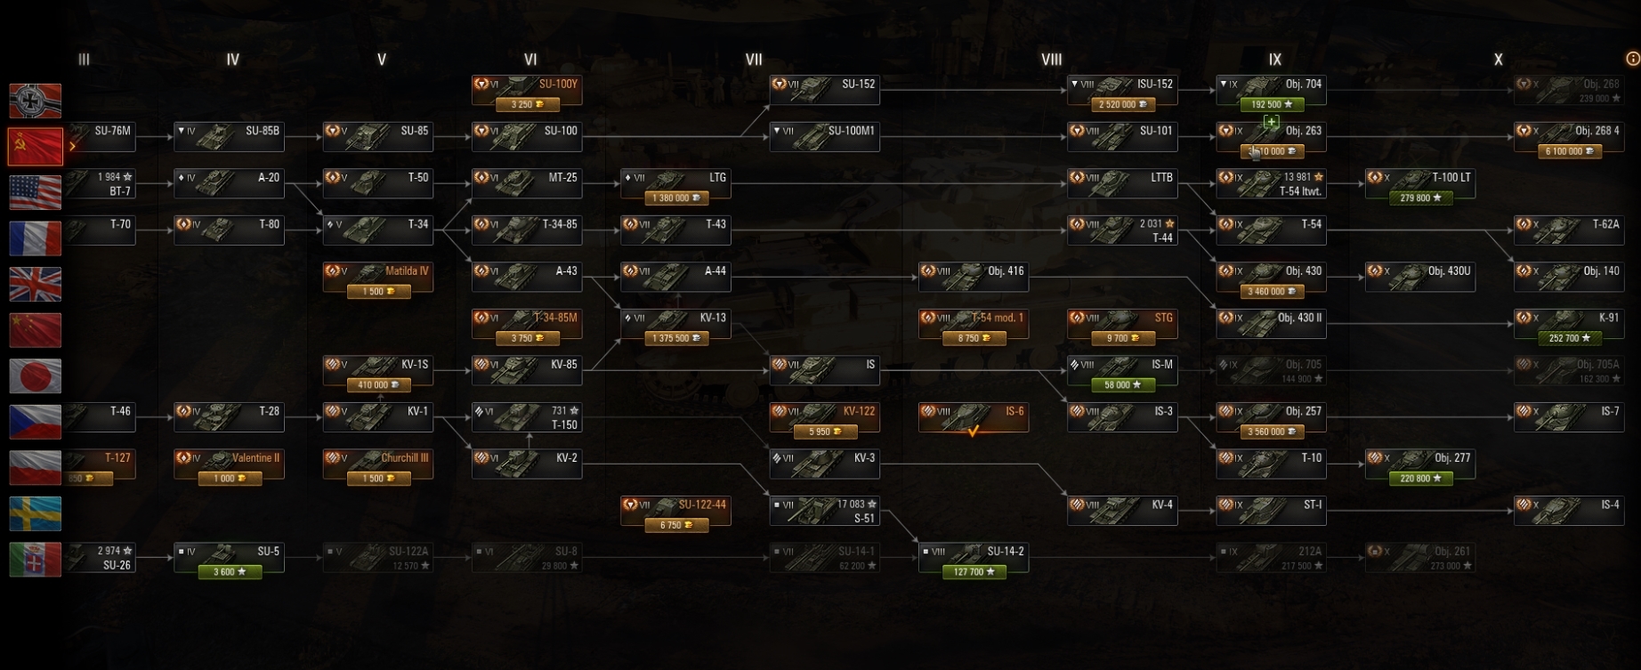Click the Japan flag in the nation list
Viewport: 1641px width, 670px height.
pos(36,376)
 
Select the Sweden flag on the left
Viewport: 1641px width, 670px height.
pos(36,513)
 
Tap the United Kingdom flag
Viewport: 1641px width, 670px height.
pos(36,285)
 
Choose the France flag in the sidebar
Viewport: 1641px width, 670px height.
pos(36,238)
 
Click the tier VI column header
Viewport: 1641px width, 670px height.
pos(530,60)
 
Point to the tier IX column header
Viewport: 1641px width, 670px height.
pos(1274,60)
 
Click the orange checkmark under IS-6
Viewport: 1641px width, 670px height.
pos(974,432)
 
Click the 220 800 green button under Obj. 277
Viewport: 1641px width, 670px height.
pos(1420,479)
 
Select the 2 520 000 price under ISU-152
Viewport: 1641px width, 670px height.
pos(1122,105)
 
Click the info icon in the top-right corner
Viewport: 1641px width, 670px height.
pos(1633,59)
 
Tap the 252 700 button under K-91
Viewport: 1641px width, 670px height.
pos(1569,338)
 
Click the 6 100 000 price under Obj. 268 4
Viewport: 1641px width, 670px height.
pos(1569,151)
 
